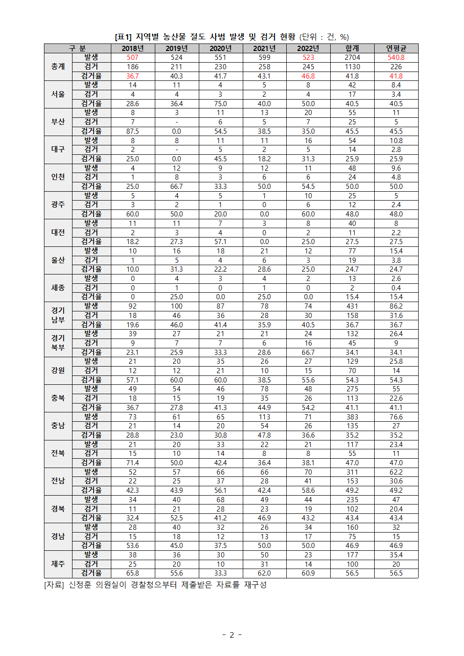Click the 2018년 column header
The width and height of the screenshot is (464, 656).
click(132, 48)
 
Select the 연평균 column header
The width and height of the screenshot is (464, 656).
click(396, 48)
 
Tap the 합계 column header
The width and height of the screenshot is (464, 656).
click(352, 48)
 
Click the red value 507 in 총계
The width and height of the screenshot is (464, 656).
click(132, 58)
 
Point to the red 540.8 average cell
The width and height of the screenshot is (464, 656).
click(396, 58)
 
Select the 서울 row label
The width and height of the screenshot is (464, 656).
click(58, 94)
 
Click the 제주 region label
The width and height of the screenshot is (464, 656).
click(58, 564)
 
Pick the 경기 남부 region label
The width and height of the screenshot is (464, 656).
click(58, 315)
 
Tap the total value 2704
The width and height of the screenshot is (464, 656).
click(352, 58)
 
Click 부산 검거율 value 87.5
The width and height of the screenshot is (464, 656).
click(132, 131)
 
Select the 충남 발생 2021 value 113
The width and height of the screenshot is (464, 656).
click(264, 417)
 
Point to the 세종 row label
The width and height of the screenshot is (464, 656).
click(58, 288)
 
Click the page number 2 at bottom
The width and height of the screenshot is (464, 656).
click(232, 635)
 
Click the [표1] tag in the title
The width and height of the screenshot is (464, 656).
click(123, 37)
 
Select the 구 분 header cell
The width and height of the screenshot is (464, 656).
click(77, 48)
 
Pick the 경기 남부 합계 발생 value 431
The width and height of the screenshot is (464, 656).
click(352, 306)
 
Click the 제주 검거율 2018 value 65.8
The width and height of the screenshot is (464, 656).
click(132, 573)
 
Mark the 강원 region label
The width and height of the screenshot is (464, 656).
click(58, 370)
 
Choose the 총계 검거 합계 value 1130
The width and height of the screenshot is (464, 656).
click(352, 67)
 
